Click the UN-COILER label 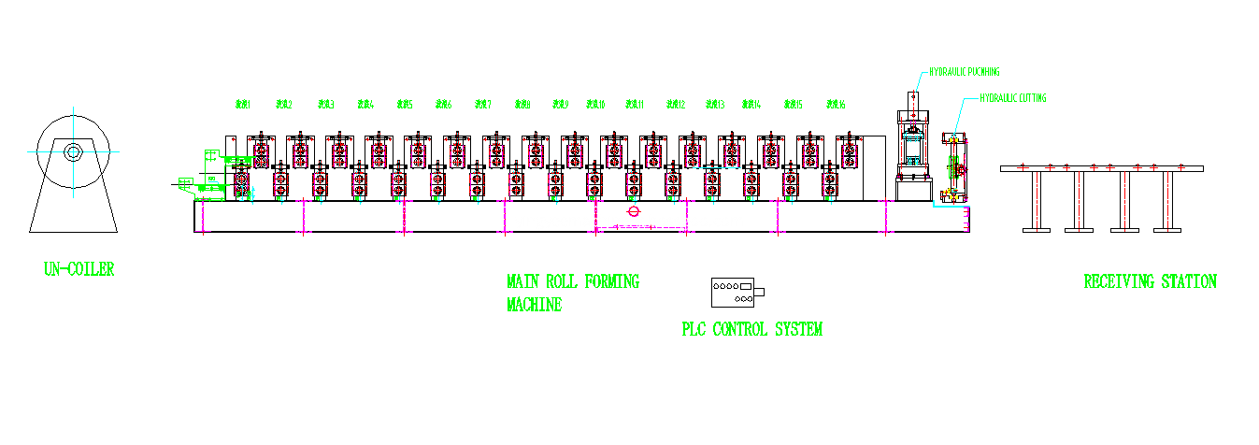tap(79, 269)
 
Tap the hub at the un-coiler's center tap(72, 151)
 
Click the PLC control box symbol tap(736, 293)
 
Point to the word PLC tap(694, 329)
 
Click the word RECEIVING tap(1118, 281)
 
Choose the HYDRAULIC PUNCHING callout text tap(964, 71)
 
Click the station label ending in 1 tap(242, 105)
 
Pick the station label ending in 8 tap(522, 105)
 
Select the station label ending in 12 tap(676, 105)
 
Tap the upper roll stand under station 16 tap(849, 149)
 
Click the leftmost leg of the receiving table tap(1037, 200)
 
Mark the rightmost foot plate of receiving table tap(1167, 229)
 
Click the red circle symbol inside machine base tap(634, 211)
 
